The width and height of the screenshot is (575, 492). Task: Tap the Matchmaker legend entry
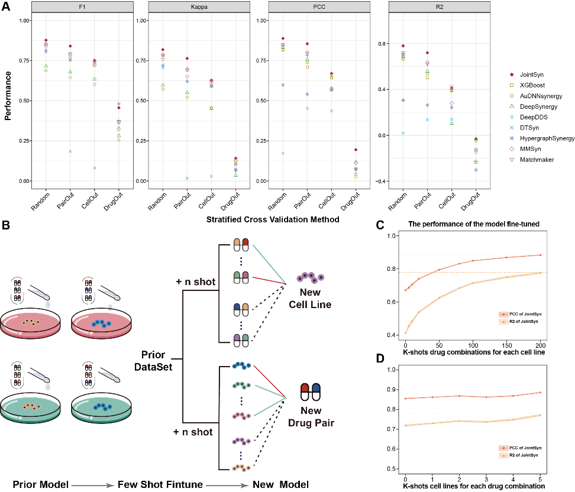[x=532, y=160]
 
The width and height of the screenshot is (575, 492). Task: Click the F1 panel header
[x=82, y=7]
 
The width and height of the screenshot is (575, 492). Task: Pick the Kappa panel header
[x=199, y=7]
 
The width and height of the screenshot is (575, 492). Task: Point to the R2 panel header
[x=440, y=7]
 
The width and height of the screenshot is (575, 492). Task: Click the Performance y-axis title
[x=8, y=96]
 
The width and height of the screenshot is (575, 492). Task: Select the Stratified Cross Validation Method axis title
[x=273, y=219]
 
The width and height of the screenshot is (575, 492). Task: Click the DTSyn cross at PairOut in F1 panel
[x=70, y=151]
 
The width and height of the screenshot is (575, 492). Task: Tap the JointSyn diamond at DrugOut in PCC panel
[x=356, y=150]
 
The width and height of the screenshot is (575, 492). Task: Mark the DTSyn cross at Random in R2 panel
[x=403, y=133]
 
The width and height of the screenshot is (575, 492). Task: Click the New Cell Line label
[x=310, y=298]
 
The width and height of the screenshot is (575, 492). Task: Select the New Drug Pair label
[x=311, y=416]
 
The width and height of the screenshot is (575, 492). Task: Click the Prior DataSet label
[x=153, y=361]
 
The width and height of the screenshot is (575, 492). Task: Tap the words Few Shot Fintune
[x=160, y=484]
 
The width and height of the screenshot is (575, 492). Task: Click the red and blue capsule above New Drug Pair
[x=310, y=392]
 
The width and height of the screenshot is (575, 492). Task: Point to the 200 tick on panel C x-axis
[x=541, y=345]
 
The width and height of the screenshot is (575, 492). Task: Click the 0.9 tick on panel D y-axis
[x=392, y=389]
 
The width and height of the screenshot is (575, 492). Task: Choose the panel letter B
[x=6, y=225]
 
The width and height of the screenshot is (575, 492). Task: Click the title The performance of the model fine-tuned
[x=474, y=224]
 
